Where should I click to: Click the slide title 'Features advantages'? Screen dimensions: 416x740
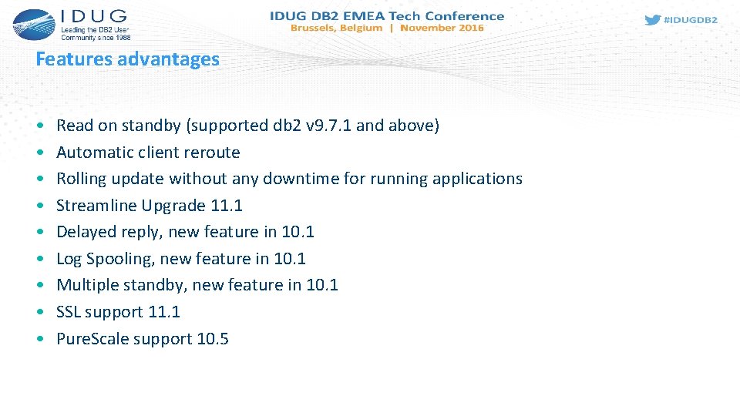pos(127,59)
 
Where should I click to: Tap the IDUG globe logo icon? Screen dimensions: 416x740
pos(33,25)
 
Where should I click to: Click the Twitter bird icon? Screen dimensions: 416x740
pos(652,20)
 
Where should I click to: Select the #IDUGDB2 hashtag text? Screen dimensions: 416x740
pos(691,20)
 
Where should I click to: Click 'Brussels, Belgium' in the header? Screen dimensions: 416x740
pos(336,28)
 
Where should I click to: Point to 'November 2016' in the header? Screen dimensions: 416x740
pos(442,28)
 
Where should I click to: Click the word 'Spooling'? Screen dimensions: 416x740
pos(120,259)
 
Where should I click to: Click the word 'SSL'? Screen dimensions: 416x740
pos(69,312)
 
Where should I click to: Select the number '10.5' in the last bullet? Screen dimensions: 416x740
pos(213,339)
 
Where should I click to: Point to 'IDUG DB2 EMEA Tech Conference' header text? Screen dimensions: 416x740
pos(387,15)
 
